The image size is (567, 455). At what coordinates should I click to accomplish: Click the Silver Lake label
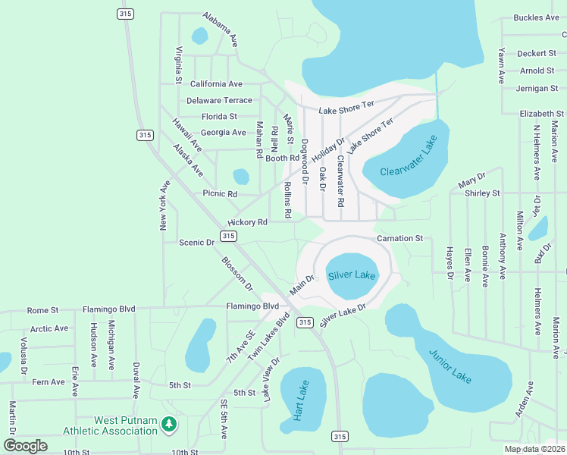pyautogui.click(x=352, y=275)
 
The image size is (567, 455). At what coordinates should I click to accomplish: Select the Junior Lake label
pyautogui.click(x=450, y=366)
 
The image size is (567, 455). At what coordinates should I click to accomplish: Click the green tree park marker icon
pyautogui.click(x=170, y=425)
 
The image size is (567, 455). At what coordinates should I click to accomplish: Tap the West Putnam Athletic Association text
pyautogui.click(x=126, y=425)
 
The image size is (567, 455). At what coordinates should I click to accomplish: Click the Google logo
pyautogui.click(x=26, y=445)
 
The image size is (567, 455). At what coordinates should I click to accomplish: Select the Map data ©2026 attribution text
pyautogui.click(x=534, y=449)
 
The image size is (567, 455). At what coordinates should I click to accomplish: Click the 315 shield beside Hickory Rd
pyautogui.click(x=227, y=237)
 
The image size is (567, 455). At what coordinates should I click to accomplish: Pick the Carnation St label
pyautogui.click(x=399, y=238)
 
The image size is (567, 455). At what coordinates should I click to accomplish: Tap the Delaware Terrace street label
pyautogui.click(x=219, y=100)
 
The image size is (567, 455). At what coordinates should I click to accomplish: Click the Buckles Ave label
pyautogui.click(x=536, y=17)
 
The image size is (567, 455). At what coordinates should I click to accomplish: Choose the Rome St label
pyautogui.click(x=42, y=309)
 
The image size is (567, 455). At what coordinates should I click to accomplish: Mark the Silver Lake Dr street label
pyautogui.click(x=343, y=315)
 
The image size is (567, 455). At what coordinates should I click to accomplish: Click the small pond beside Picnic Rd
pyautogui.click(x=240, y=177)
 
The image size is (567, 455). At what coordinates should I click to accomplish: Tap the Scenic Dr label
pyautogui.click(x=196, y=243)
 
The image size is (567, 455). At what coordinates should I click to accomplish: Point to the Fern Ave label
pyautogui.click(x=47, y=382)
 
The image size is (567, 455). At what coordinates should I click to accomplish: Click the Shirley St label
pyautogui.click(x=483, y=193)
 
